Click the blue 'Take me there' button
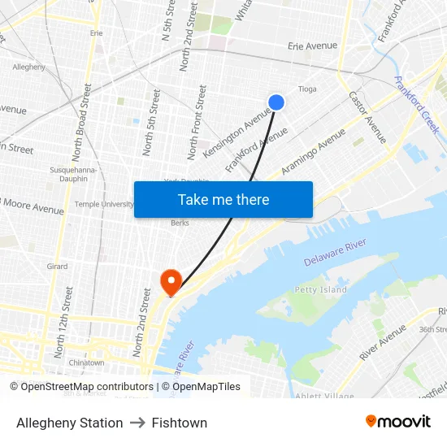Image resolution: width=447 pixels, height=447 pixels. click(x=223, y=199)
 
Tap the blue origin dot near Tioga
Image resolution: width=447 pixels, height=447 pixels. click(x=276, y=102)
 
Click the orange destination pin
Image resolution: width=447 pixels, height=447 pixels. click(x=171, y=281)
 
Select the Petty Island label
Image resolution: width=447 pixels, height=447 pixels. click(x=320, y=289)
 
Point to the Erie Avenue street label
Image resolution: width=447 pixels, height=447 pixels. click(x=312, y=46)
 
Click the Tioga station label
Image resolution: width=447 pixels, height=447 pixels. click(x=307, y=89)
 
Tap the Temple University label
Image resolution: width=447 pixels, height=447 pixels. click(x=104, y=204)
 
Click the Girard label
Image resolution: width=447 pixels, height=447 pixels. click(x=57, y=267)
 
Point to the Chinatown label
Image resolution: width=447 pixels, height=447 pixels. click(x=86, y=362)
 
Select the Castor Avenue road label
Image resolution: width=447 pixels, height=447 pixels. click(x=367, y=117)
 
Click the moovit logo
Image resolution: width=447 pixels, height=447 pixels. click(x=397, y=422)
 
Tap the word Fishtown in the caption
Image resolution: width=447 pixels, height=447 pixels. click(x=179, y=423)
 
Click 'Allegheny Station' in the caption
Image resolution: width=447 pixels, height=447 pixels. click(x=70, y=423)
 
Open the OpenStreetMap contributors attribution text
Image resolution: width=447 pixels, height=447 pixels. click(x=81, y=387)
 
